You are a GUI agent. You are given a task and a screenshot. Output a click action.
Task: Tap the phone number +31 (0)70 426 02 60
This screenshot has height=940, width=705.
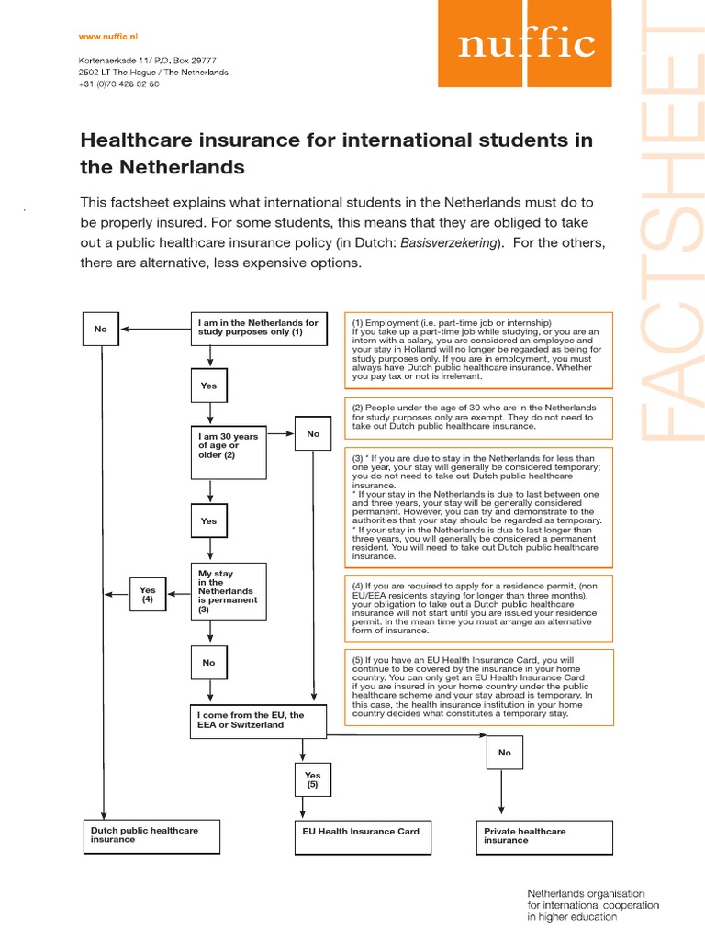(119, 84)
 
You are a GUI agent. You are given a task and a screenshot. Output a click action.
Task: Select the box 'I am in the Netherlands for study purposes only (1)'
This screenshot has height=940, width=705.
(258, 328)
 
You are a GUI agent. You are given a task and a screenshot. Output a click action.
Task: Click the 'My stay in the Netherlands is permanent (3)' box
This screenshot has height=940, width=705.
(229, 591)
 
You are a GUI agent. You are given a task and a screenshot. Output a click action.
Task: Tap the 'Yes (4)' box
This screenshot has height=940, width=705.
(148, 594)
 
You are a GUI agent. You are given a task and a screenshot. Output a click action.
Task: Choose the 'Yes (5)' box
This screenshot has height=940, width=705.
(313, 780)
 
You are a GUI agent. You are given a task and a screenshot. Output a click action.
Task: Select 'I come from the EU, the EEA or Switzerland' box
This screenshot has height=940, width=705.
(258, 721)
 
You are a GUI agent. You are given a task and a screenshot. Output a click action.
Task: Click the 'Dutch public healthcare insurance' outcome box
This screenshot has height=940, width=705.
(151, 835)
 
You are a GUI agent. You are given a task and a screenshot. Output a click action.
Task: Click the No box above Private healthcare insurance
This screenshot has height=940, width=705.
(504, 753)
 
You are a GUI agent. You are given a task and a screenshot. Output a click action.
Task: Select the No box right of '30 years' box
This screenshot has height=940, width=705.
(313, 433)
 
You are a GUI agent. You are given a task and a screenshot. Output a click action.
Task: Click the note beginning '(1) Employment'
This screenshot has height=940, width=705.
(477, 349)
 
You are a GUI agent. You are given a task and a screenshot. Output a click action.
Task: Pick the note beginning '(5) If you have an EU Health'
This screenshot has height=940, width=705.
(477, 687)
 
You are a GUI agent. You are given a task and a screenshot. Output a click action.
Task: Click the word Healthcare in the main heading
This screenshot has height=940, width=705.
(133, 140)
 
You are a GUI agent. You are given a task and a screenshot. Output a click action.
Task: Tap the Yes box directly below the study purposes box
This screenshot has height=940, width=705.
(209, 386)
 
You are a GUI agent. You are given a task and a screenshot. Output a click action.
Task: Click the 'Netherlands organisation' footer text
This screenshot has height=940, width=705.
(586, 893)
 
